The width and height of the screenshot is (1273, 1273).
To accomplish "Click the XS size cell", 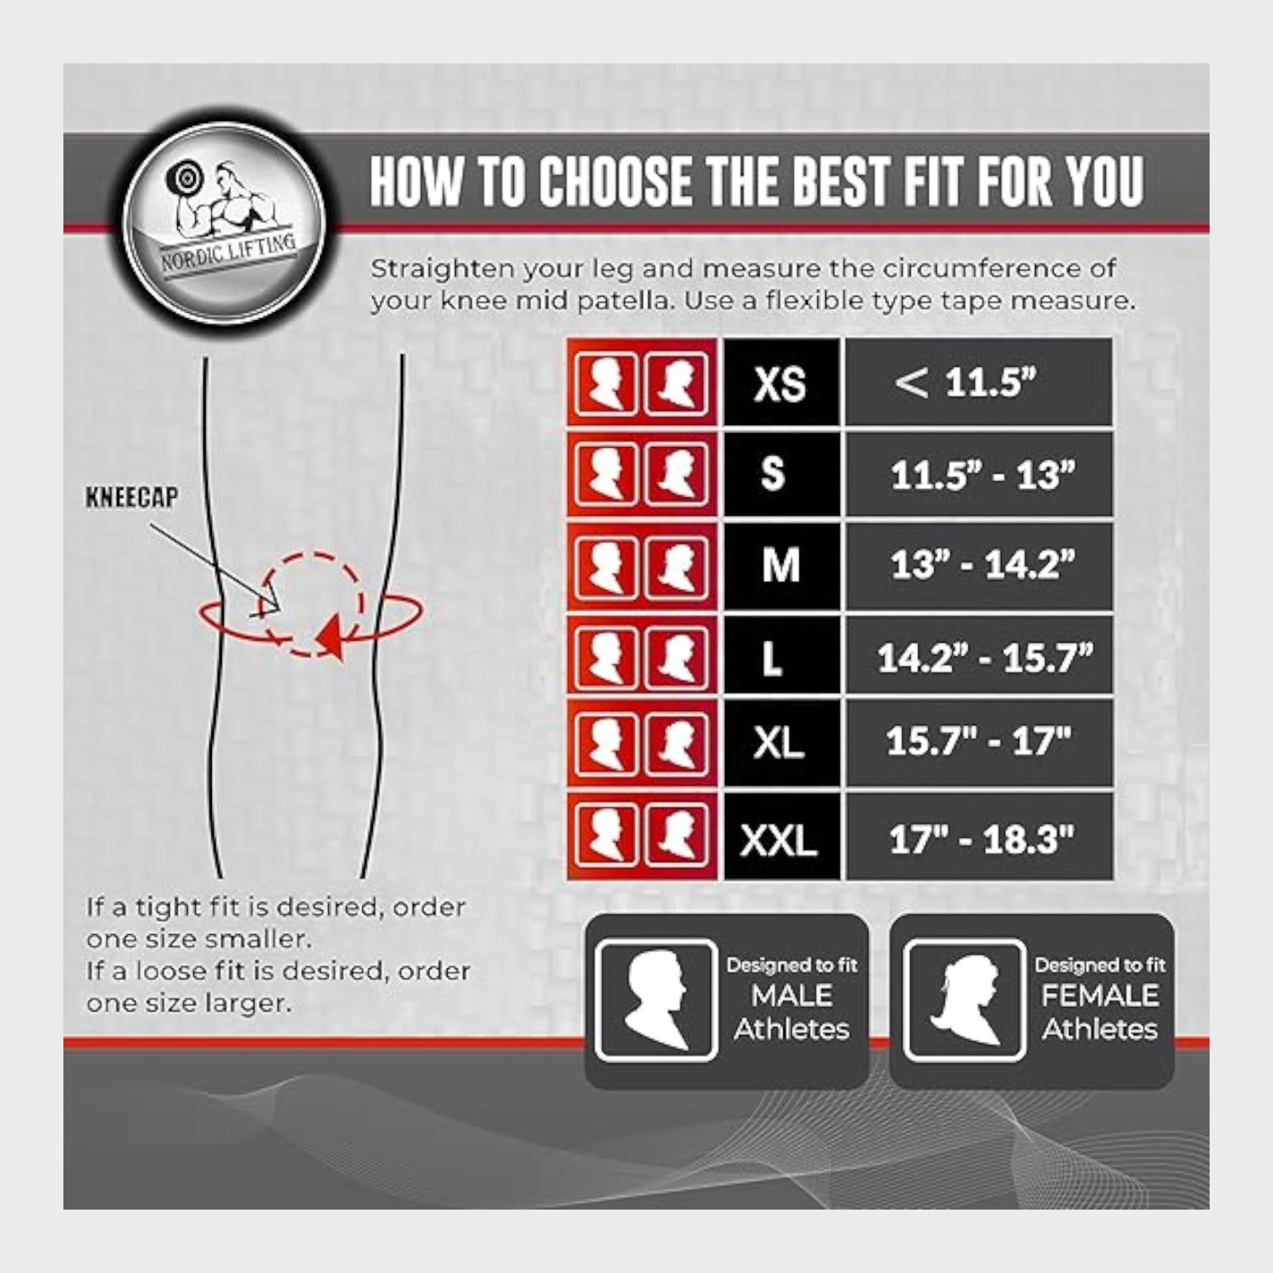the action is (x=782, y=382).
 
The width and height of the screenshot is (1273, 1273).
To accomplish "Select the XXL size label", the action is (x=778, y=841).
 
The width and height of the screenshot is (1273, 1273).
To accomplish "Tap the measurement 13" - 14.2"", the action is (x=983, y=565).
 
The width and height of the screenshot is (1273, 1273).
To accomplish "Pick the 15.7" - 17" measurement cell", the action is (x=980, y=742).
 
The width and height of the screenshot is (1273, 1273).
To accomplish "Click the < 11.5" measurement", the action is (x=966, y=382).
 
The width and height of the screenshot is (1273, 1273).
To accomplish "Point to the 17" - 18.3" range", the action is (x=982, y=840).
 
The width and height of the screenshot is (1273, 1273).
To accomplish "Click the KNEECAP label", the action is (x=131, y=498).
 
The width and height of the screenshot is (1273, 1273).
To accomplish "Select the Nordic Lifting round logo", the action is (x=224, y=224).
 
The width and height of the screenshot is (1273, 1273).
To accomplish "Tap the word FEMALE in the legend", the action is (x=1100, y=995).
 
